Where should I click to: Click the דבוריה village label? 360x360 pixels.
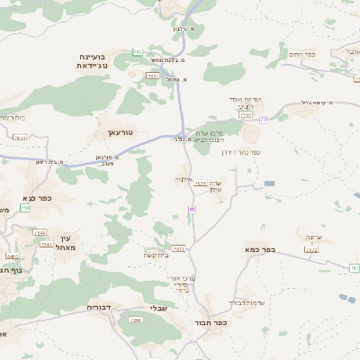pos(99,308)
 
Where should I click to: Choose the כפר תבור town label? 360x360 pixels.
pos(206,322)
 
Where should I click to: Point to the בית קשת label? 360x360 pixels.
pos(155,256)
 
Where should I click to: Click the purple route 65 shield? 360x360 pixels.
pos(193,209)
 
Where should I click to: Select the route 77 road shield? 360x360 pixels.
pos(263,119)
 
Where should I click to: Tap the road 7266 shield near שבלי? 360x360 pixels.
pos(136,319)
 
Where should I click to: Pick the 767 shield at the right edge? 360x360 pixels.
pos(355,268)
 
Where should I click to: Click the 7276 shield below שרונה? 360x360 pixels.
pos(312,248)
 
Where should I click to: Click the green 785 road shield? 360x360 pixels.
pos(138,51)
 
